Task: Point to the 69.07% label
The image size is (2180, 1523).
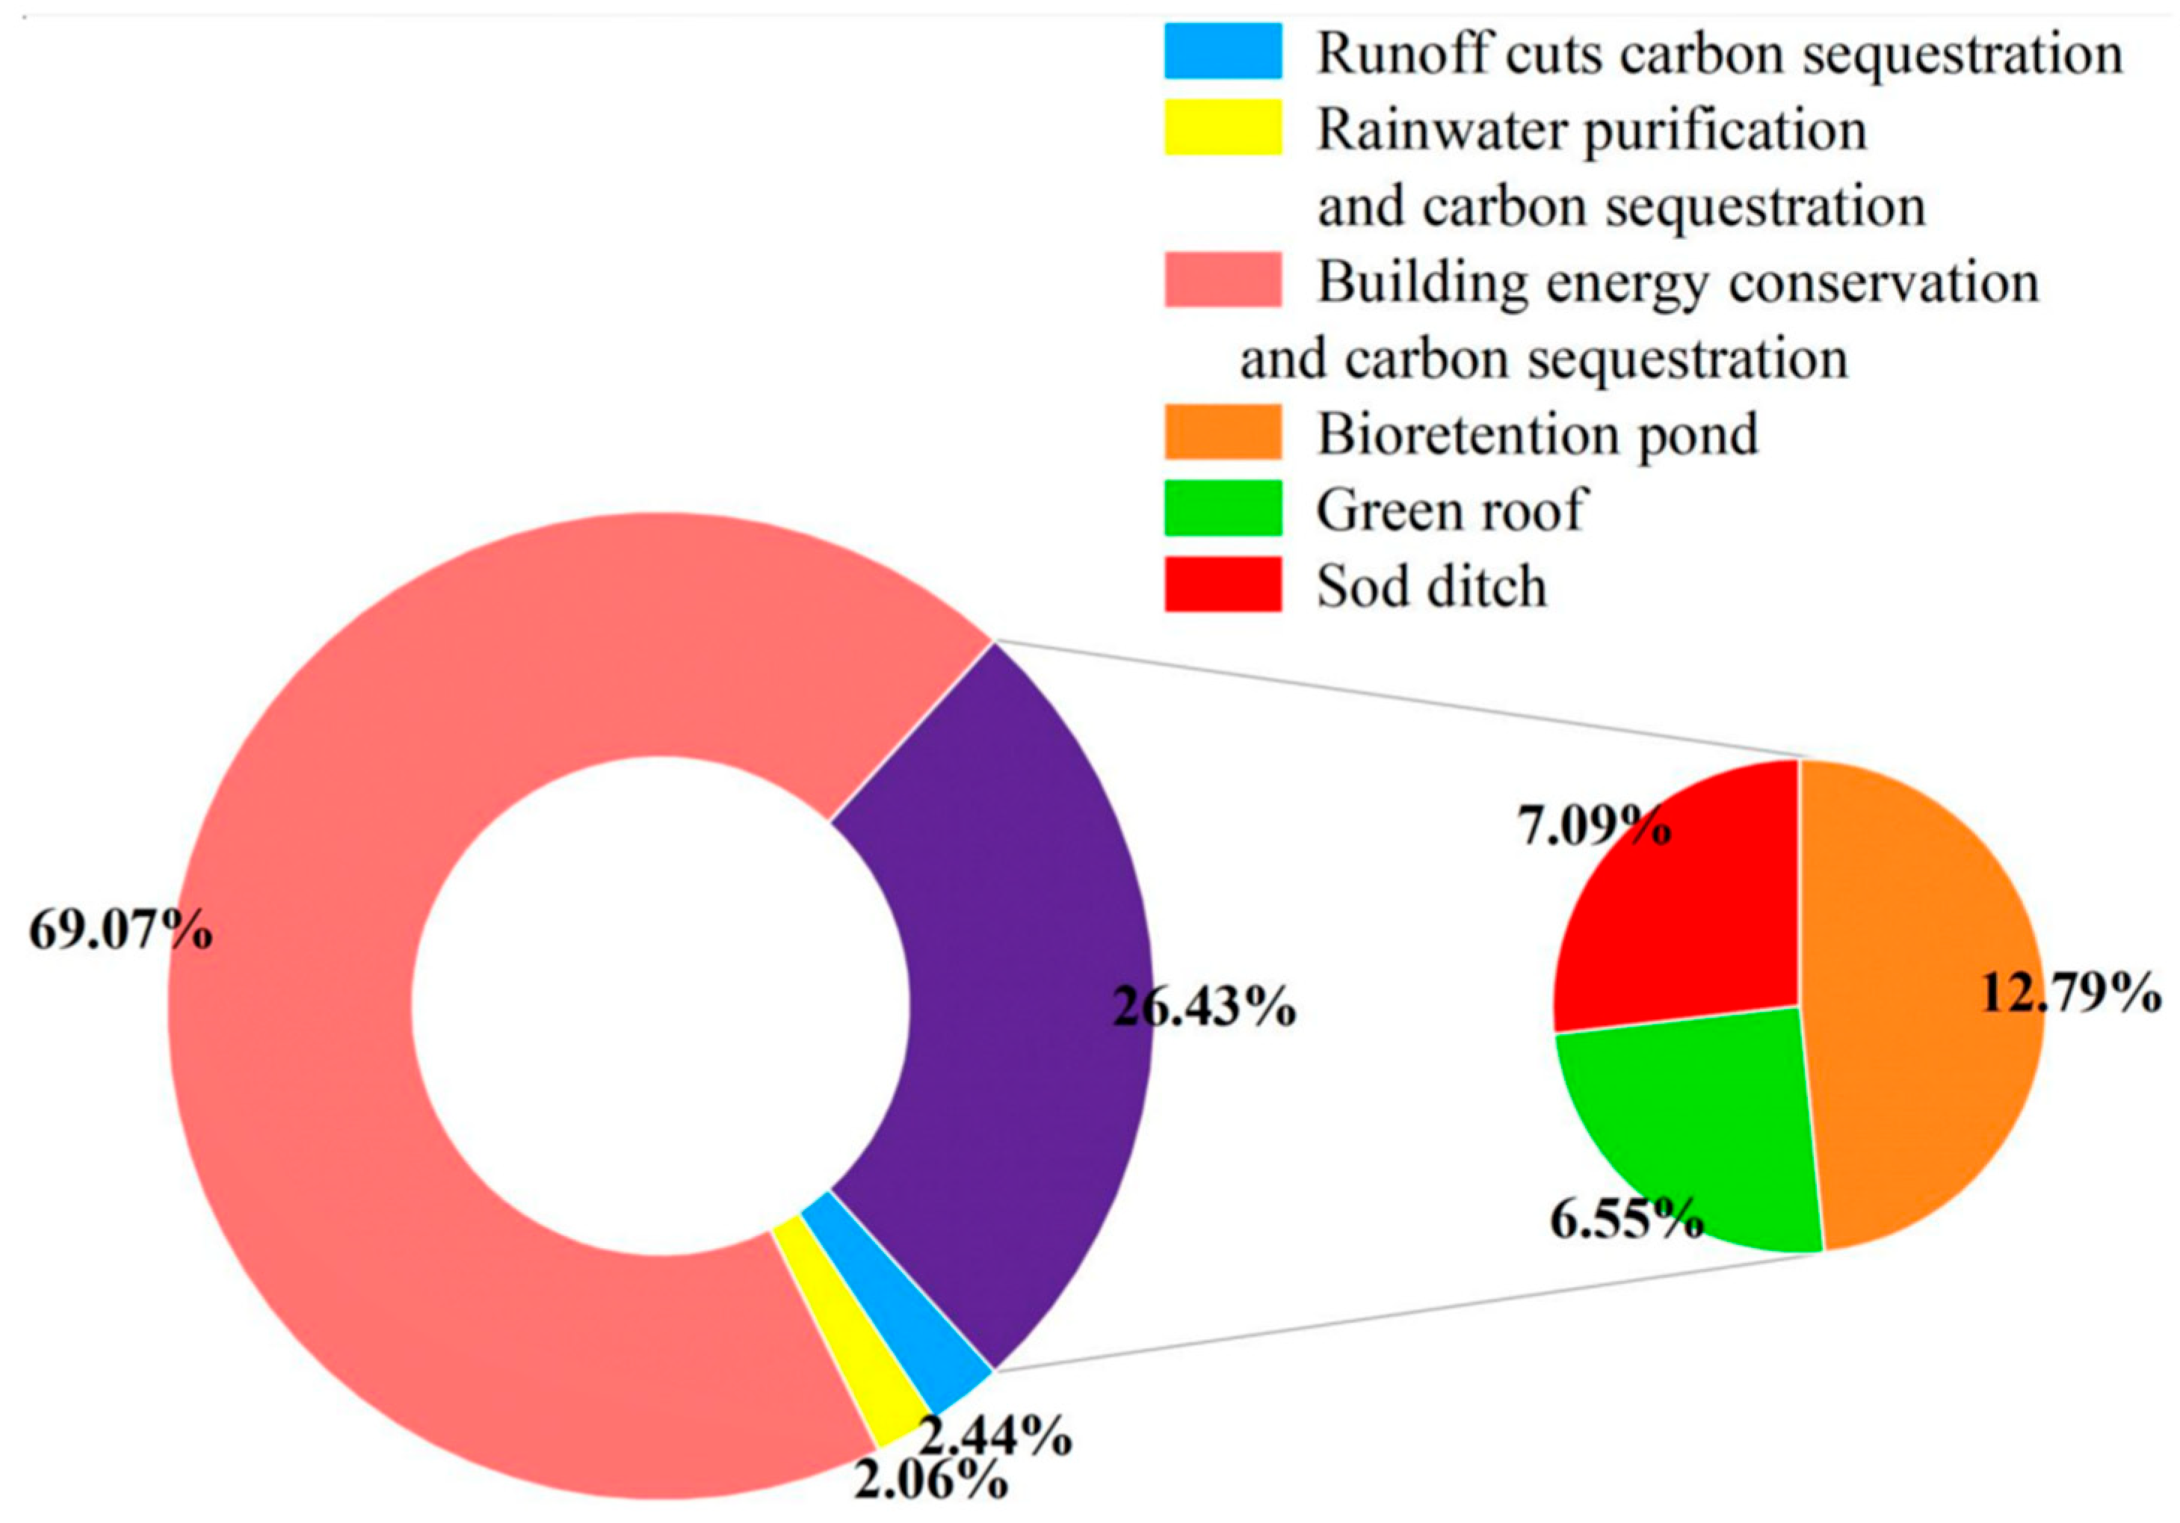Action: tap(120, 930)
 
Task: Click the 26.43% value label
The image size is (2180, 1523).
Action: tap(1205, 1007)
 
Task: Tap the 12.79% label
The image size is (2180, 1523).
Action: tap(2070, 994)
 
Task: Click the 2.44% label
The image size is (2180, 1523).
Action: tap(996, 1436)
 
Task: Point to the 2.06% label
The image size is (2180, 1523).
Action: tap(931, 1482)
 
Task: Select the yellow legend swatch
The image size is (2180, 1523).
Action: tap(1223, 126)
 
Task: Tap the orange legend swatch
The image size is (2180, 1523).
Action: tap(1223, 432)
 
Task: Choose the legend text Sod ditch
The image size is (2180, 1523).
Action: tap(1432, 587)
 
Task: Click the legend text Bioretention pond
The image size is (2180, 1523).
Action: tap(1537, 435)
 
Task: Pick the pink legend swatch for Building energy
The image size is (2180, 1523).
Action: tap(1223, 279)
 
